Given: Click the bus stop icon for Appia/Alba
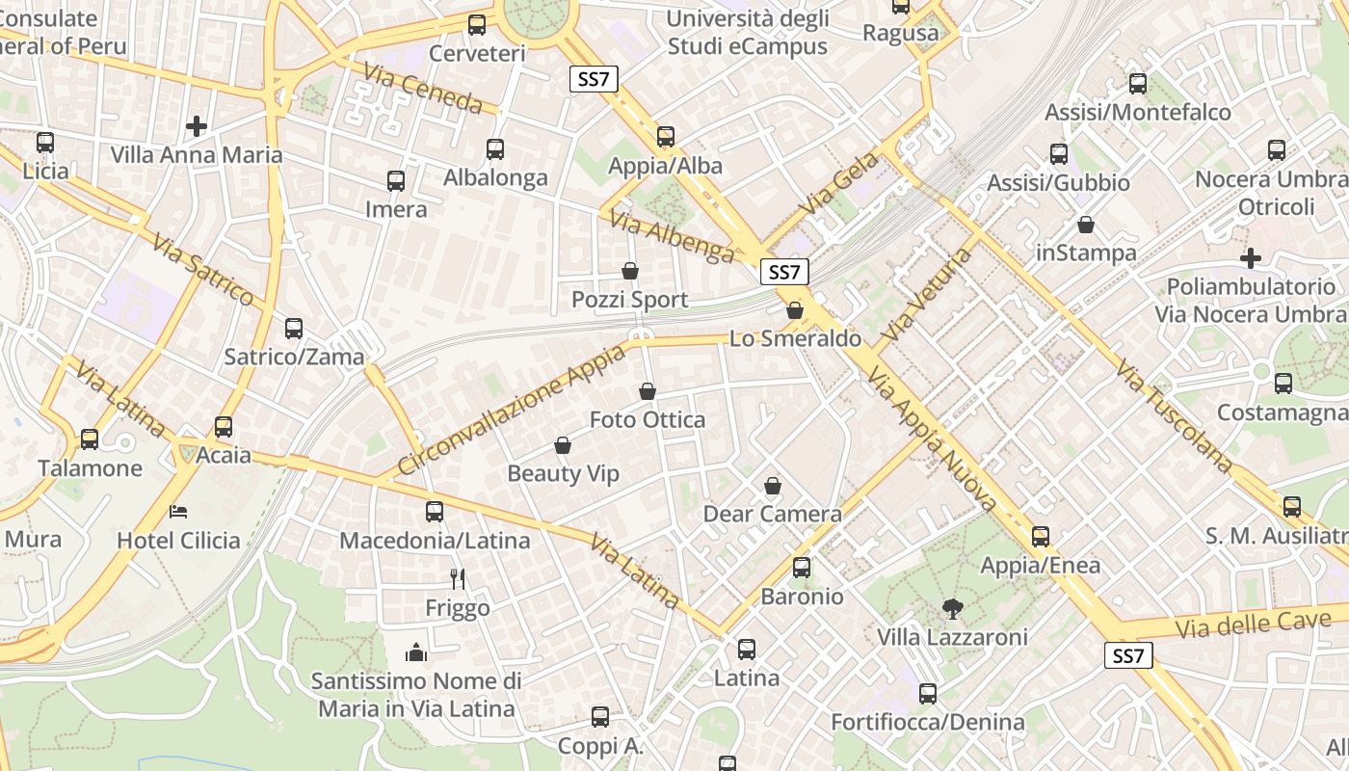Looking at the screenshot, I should click(x=666, y=136).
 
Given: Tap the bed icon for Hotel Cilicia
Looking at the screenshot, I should click(x=178, y=511).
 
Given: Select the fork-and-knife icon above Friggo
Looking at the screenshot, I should click(x=458, y=578).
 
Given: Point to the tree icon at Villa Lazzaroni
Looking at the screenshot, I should click(x=953, y=608).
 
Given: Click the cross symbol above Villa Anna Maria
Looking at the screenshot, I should click(x=197, y=125).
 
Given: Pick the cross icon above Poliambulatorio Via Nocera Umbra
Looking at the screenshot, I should click(x=1251, y=257).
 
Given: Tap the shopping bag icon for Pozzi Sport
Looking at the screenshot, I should click(x=630, y=271).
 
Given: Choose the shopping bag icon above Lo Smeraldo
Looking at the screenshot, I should click(x=795, y=309).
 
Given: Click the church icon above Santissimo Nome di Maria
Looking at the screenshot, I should click(x=416, y=652).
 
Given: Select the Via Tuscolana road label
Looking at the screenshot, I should click(x=1174, y=416).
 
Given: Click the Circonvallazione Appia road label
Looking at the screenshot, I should click(x=512, y=410).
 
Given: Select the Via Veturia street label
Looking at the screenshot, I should click(x=928, y=293).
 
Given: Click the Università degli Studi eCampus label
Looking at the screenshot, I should click(x=747, y=32).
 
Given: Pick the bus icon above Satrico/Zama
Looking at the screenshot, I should click(x=294, y=328).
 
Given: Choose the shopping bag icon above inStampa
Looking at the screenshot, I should click(x=1086, y=225).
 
